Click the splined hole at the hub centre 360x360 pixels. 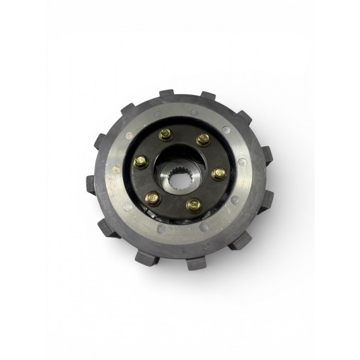tap(178, 177)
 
